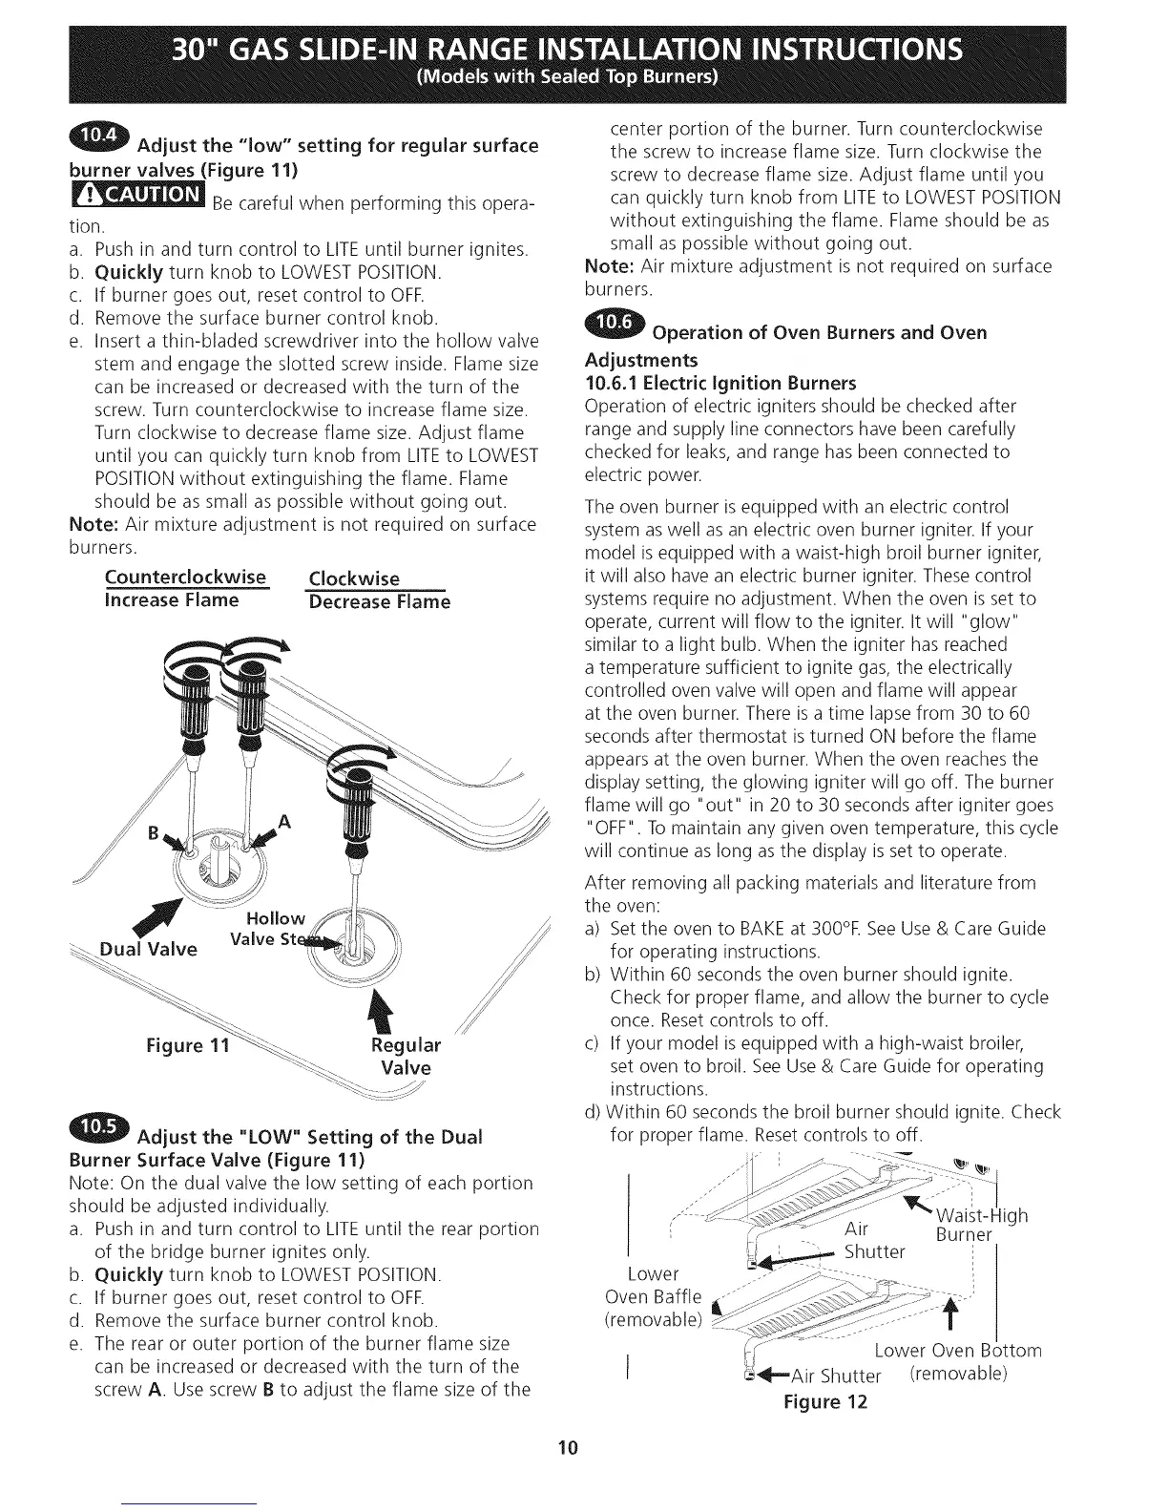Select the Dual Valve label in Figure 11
[149, 949]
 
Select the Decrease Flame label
[378, 601]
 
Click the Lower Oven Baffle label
[654, 1296]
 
